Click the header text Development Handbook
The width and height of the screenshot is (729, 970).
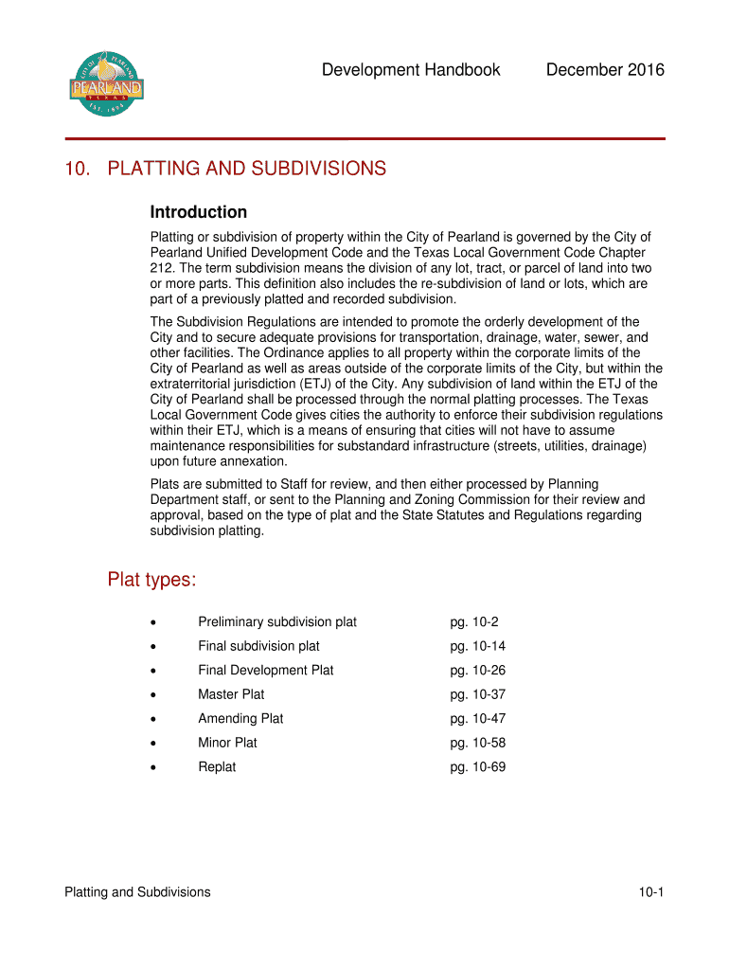[x=410, y=70]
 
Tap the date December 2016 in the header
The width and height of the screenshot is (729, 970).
[x=605, y=70]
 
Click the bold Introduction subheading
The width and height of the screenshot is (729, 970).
[x=199, y=212]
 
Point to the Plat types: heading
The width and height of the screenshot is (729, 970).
[x=151, y=580]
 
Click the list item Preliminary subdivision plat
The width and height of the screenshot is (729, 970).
[x=277, y=622]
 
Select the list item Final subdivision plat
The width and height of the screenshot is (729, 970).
[x=258, y=646]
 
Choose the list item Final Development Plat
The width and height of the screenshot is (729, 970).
[x=266, y=670]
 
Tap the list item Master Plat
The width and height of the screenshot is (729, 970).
[x=231, y=694]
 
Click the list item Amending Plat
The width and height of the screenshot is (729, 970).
[x=240, y=719]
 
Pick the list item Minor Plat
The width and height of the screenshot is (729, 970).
[x=227, y=743]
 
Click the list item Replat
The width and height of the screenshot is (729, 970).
[x=217, y=767]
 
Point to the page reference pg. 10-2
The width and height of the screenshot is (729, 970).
[x=474, y=622]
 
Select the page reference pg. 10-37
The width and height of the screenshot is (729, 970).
[x=478, y=694]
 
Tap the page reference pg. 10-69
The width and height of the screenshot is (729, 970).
[x=478, y=767]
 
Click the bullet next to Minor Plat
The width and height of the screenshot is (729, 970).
[x=153, y=744]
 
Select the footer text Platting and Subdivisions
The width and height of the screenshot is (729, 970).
[x=137, y=892]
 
